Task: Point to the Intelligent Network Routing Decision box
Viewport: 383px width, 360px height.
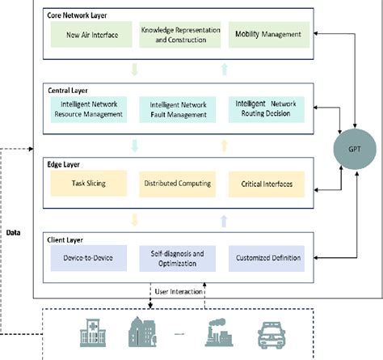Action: (x=267, y=109)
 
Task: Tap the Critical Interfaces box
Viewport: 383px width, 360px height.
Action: (x=267, y=184)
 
